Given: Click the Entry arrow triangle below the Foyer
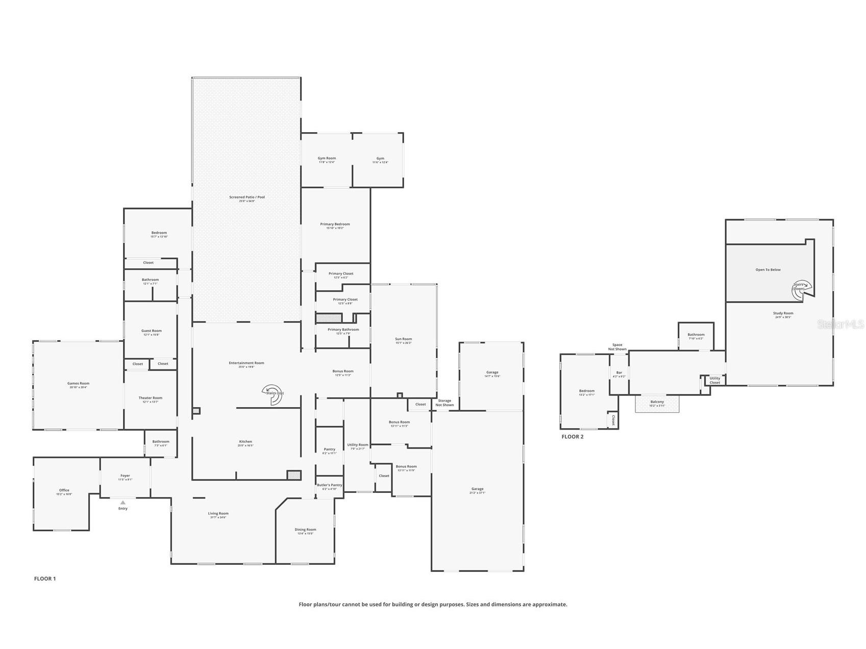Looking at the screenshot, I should pyautogui.click(x=122, y=503).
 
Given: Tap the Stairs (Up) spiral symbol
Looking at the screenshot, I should pyautogui.click(x=273, y=394).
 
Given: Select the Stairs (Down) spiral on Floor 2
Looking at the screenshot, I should pyautogui.click(x=800, y=288).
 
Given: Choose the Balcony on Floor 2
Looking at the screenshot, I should pyautogui.click(x=657, y=403).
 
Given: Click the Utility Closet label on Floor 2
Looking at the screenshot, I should pyautogui.click(x=714, y=380).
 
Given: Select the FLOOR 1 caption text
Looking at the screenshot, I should pyautogui.click(x=45, y=579).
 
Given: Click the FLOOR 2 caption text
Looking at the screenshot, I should pyautogui.click(x=572, y=437).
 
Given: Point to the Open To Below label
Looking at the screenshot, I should pyautogui.click(x=768, y=269).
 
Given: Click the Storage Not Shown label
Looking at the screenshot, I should pyautogui.click(x=444, y=403).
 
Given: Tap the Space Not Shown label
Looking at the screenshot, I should pyautogui.click(x=617, y=347).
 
